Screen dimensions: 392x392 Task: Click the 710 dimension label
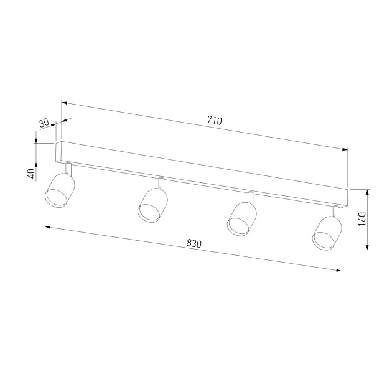pos(215,121)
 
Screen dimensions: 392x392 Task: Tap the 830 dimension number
pos(194,243)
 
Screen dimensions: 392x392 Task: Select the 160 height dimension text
pos(362,219)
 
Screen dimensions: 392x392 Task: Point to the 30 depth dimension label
pos(44,123)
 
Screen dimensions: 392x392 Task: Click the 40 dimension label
pos(32,174)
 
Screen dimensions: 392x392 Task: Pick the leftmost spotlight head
pos(60,190)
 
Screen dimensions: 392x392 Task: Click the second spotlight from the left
pos(152,205)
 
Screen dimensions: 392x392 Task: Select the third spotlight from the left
pos(242,219)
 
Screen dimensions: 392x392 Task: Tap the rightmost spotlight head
pos(327,233)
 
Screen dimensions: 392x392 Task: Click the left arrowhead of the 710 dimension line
pos(64,103)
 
